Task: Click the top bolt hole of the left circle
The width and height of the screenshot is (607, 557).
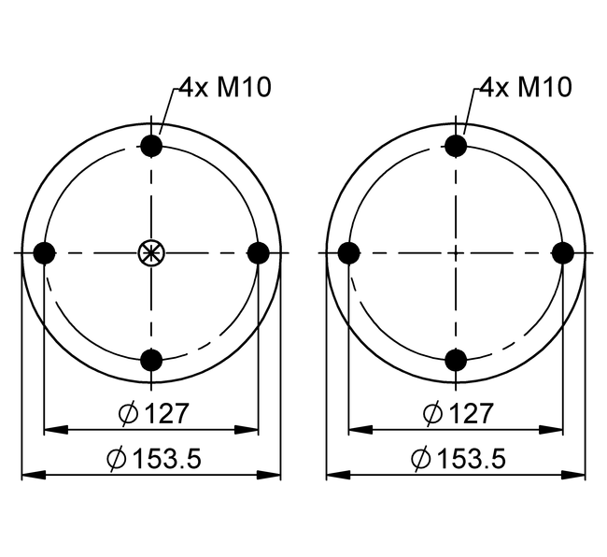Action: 151,146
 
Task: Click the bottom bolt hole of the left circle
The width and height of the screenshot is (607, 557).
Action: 151,360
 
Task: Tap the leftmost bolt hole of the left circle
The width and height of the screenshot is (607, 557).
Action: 45,253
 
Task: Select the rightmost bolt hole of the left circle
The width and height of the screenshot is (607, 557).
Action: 258,253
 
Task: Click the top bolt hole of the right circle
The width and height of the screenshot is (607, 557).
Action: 456,146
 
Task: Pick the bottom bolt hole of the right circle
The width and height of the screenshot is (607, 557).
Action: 456,360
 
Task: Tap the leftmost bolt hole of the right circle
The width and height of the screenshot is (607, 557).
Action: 349,253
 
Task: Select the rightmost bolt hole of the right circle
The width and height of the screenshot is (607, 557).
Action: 563,253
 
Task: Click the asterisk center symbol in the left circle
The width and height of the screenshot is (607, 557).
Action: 151,253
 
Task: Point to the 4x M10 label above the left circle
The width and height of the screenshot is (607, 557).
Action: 225,87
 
